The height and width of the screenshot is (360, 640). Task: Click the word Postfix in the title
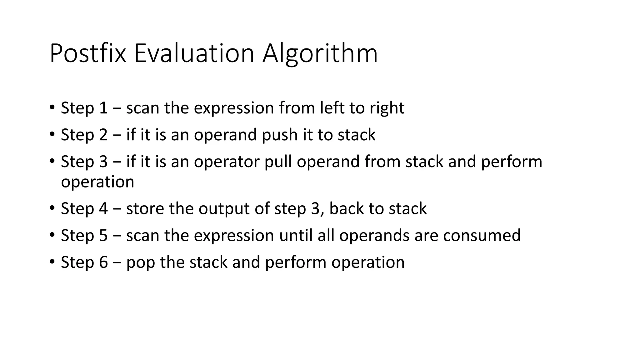click(x=88, y=54)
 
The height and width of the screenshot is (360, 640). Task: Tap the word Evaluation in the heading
click(x=194, y=54)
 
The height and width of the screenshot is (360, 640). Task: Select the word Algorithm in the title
click(x=320, y=54)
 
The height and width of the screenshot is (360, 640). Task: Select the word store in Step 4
click(x=145, y=209)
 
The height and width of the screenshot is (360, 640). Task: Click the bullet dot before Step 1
click(x=52, y=107)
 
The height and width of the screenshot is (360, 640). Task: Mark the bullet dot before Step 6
click(x=52, y=262)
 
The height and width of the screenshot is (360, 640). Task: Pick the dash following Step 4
click(x=117, y=209)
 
